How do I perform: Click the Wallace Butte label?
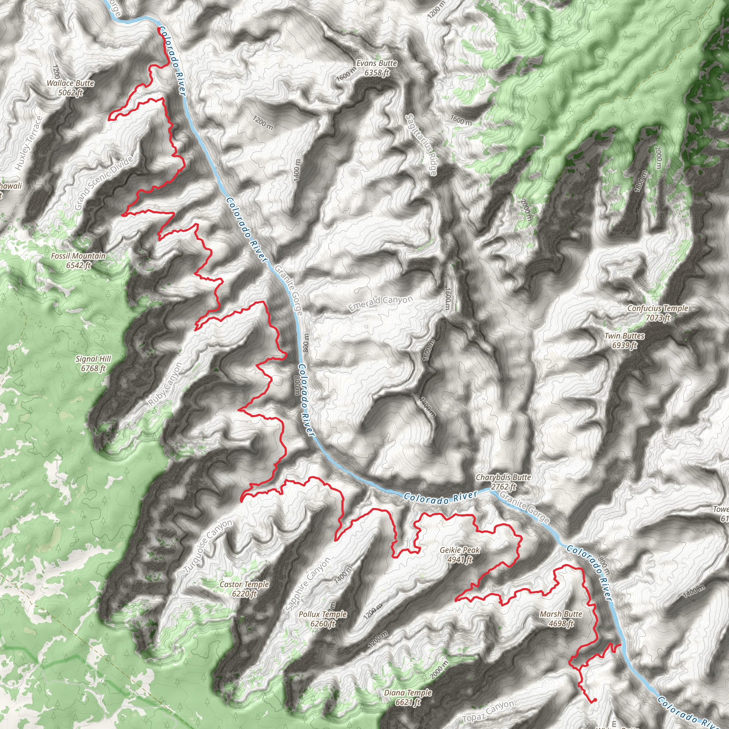pyautogui.click(x=70, y=88)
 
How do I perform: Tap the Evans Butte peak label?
pyautogui.click(x=377, y=68)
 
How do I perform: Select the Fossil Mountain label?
pyautogui.click(x=78, y=260)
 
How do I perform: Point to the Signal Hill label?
pyautogui.click(x=93, y=363)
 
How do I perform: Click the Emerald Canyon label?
pyautogui.click(x=381, y=303)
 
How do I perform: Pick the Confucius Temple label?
pyautogui.click(x=658, y=313)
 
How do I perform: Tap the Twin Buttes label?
pyautogui.click(x=624, y=340)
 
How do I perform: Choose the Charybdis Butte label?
pyautogui.click(x=503, y=482)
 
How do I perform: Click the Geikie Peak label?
pyautogui.click(x=460, y=555)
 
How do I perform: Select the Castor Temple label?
pyautogui.click(x=245, y=589)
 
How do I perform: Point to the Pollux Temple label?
pyautogui.click(x=322, y=619)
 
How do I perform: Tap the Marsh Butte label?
pyautogui.click(x=561, y=619)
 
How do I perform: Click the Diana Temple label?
pyautogui.click(x=408, y=697)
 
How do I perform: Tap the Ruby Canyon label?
pyautogui.click(x=165, y=384)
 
